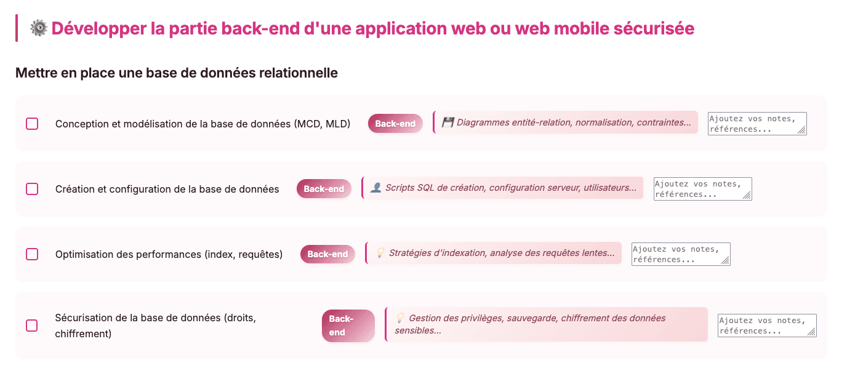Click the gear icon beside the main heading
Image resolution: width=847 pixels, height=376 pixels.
(x=39, y=28)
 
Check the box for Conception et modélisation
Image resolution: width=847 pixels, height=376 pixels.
(x=32, y=124)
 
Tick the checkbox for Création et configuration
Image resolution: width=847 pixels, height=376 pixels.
(x=32, y=189)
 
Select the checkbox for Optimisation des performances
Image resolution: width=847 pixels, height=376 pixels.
(x=32, y=254)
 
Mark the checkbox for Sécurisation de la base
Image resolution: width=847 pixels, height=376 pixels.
(x=32, y=326)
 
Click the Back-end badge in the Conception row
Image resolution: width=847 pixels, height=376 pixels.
(x=395, y=124)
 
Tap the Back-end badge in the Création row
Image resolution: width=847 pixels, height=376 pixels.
(x=324, y=189)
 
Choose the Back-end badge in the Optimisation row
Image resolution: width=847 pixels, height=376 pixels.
(x=328, y=254)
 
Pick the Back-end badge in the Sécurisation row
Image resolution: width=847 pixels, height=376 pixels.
(x=348, y=326)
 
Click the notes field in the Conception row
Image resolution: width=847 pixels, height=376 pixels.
(x=757, y=124)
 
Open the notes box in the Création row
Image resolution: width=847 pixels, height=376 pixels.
(x=702, y=189)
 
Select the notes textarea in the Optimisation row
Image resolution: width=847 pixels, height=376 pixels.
(x=681, y=254)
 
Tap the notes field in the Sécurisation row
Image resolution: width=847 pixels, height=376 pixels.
(x=767, y=326)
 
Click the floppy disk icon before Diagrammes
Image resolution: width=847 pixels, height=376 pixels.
(x=448, y=122)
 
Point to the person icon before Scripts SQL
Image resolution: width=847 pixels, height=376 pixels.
(x=376, y=188)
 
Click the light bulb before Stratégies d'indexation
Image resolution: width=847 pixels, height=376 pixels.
(x=380, y=253)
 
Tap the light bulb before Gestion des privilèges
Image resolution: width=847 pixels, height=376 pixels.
(x=400, y=318)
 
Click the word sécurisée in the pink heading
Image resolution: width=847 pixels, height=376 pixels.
(x=654, y=28)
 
